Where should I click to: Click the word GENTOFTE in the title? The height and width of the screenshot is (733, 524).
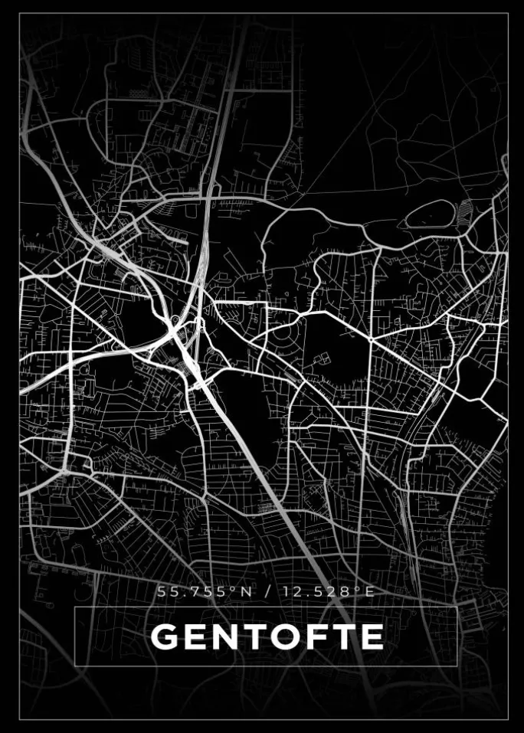pyautogui.click(x=267, y=636)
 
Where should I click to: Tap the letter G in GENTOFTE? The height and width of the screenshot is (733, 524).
pyautogui.click(x=164, y=636)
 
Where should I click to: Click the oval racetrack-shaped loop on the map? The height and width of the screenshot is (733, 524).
pyautogui.click(x=430, y=215)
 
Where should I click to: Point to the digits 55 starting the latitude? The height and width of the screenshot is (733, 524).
pyautogui.click(x=165, y=591)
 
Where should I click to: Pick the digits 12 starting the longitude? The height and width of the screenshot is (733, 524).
pyautogui.click(x=288, y=591)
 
